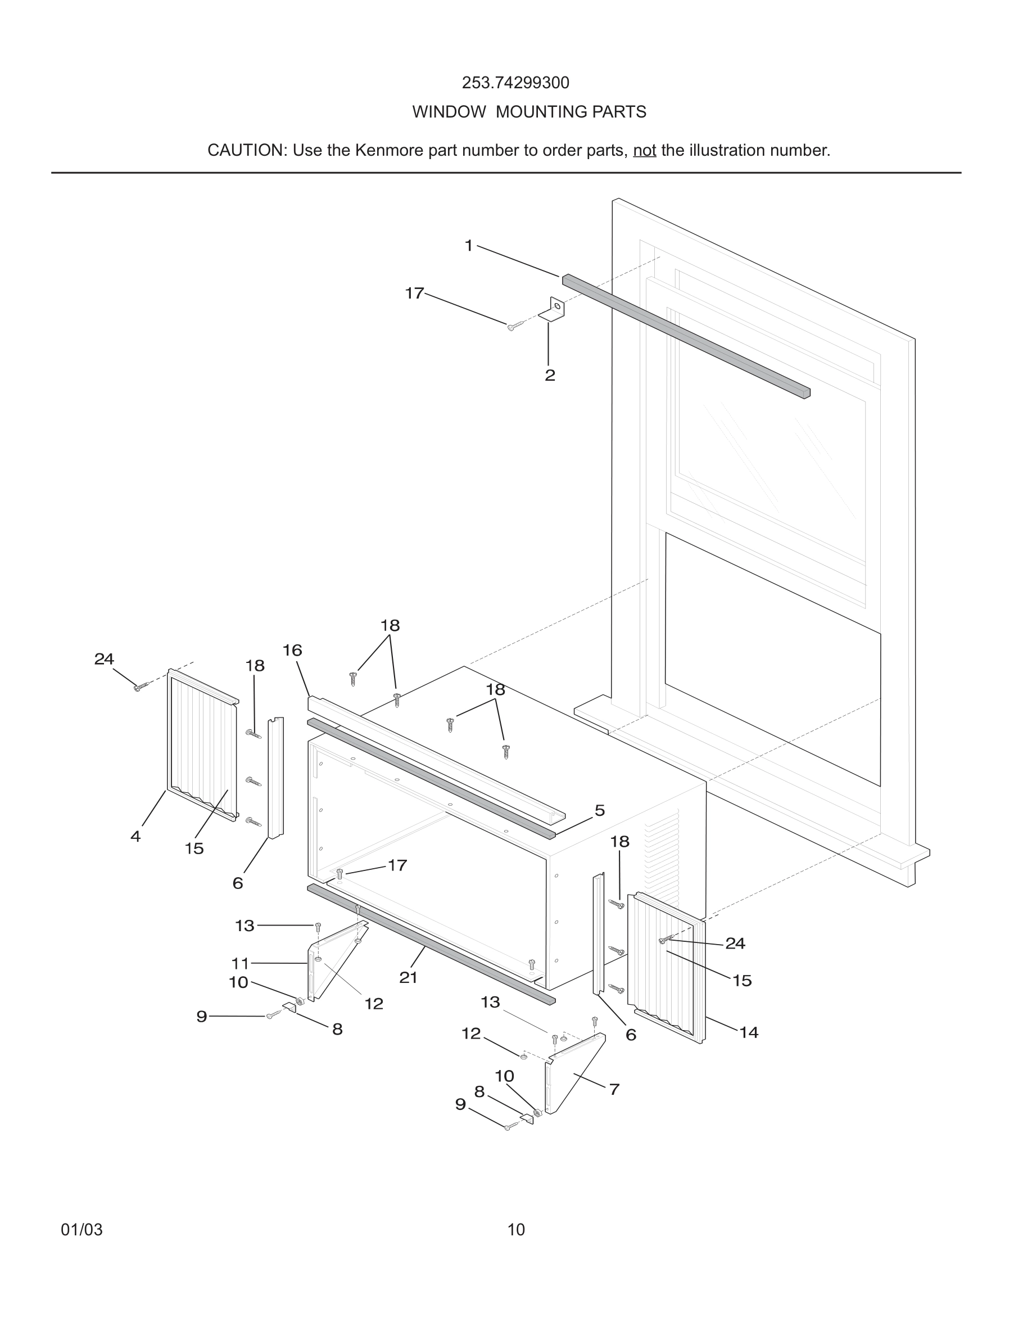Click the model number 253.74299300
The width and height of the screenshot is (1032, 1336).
(x=515, y=83)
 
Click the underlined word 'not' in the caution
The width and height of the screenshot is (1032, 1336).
(x=644, y=151)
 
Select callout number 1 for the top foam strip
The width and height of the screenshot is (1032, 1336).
(x=469, y=246)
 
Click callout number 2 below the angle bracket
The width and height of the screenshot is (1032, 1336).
(x=550, y=375)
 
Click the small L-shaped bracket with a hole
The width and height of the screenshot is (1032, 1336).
(x=554, y=309)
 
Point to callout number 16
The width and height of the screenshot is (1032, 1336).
(x=292, y=650)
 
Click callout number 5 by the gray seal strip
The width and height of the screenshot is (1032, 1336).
(x=600, y=810)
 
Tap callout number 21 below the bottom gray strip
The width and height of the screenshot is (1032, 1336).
(x=409, y=977)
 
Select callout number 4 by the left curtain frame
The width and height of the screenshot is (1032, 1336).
(x=135, y=836)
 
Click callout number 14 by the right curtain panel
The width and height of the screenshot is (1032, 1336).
(x=749, y=1032)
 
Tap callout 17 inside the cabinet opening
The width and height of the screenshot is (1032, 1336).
(x=397, y=865)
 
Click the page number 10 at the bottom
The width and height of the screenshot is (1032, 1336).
(x=516, y=1230)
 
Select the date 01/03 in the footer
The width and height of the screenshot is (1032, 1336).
(x=82, y=1230)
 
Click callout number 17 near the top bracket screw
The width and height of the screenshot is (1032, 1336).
(x=414, y=294)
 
